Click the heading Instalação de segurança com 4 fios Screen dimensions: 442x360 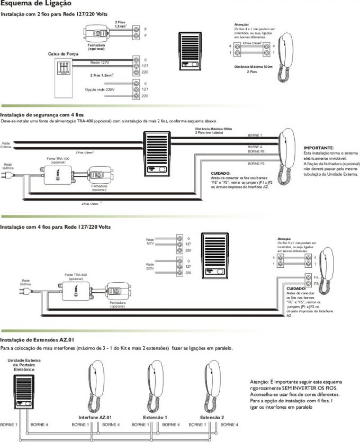click(42, 114)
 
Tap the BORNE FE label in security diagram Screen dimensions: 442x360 click(256, 151)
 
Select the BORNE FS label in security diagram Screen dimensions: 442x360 click(256, 164)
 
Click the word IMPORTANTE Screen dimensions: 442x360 click(319, 148)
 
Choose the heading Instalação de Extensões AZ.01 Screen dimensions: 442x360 click(40, 339)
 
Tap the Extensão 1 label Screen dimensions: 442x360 click(156, 418)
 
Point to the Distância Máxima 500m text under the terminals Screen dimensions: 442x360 click(253, 67)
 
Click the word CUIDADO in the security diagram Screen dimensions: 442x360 click(220, 173)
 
